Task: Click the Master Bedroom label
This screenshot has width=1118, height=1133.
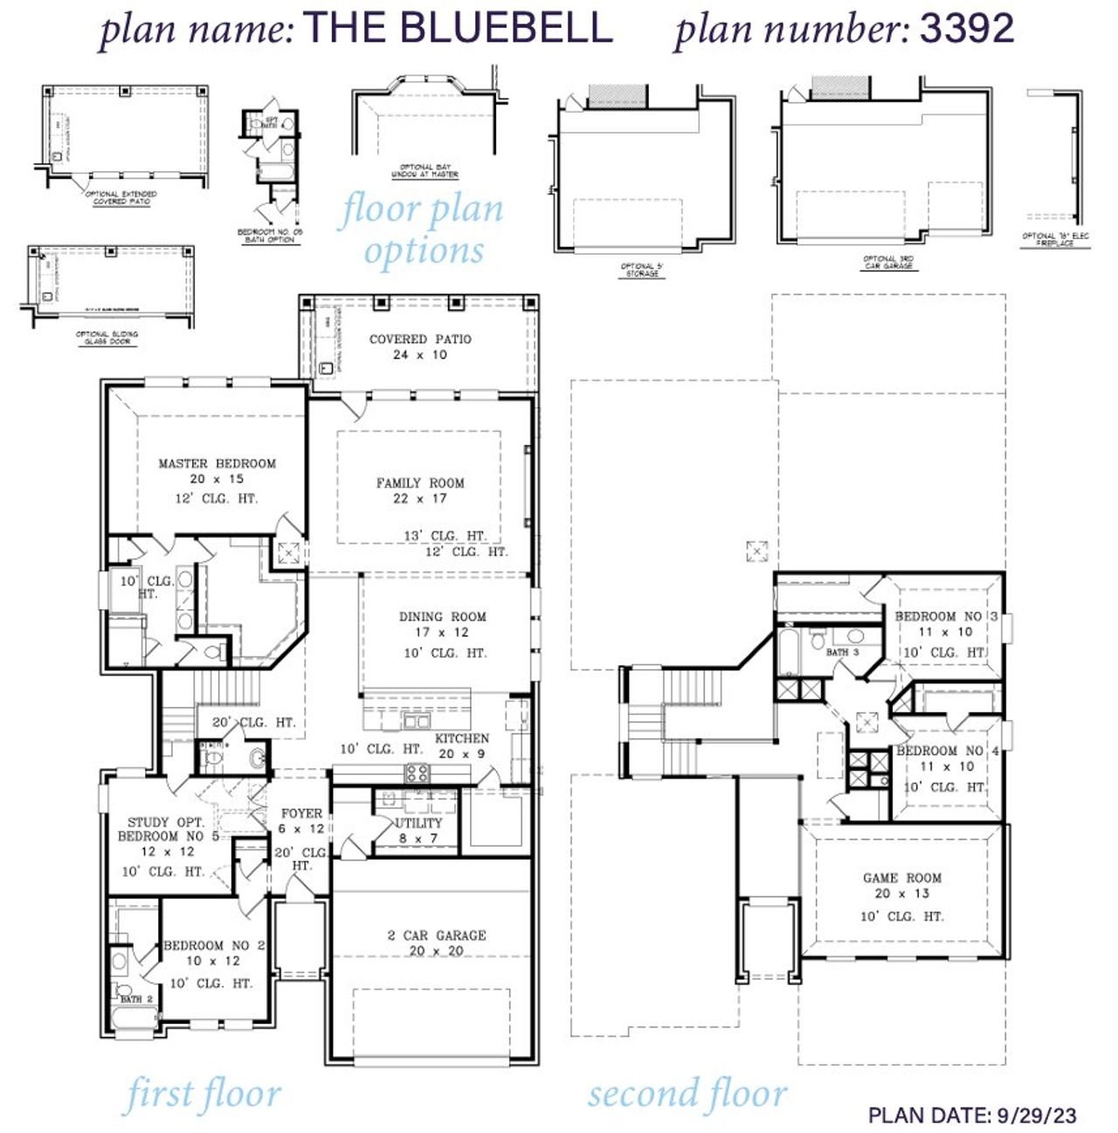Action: pyautogui.click(x=217, y=463)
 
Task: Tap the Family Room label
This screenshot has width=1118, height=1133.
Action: pyautogui.click(x=420, y=483)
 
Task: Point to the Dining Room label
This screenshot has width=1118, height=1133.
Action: pyautogui.click(x=443, y=616)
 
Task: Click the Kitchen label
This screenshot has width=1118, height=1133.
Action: pyautogui.click(x=462, y=738)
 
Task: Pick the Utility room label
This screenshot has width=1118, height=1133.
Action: pyautogui.click(x=419, y=823)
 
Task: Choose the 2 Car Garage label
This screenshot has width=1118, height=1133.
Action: pyautogui.click(x=437, y=935)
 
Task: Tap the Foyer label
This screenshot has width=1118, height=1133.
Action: pyautogui.click(x=301, y=814)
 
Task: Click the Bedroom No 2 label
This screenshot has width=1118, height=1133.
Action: pyautogui.click(x=214, y=945)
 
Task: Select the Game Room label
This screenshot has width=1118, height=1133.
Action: pyautogui.click(x=902, y=878)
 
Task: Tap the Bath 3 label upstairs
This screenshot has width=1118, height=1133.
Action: pyautogui.click(x=842, y=652)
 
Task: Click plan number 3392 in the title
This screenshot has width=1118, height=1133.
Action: pyautogui.click(x=967, y=28)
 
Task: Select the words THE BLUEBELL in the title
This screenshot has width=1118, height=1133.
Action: pyautogui.click(x=458, y=28)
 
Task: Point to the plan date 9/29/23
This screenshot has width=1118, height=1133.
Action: pyautogui.click(x=1035, y=1115)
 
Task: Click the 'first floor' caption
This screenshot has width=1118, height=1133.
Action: pyautogui.click(x=203, y=1095)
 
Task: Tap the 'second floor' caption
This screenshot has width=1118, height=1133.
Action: pyautogui.click(x=687, y=1095)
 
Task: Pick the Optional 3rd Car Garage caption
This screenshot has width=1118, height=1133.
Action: pyautogui.click(x=888, y=262)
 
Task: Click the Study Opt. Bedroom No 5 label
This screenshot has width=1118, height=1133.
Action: pyautogui.click(x=166, y=829)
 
